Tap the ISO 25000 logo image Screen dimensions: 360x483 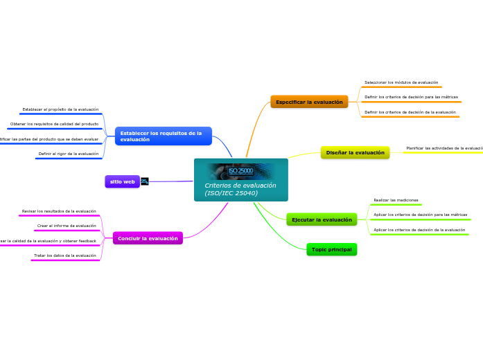coord(240,171)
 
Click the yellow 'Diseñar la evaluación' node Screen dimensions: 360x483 coord(355,152)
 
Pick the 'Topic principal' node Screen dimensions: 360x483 coord(331,249)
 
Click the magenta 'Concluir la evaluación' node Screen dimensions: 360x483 coord(148,238)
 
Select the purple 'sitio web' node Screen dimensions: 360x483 coord(122,181)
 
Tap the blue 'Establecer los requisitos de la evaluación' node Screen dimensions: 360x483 coord(163,136)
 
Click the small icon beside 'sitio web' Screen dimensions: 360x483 coord(144,181)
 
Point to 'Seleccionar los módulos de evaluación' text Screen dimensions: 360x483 coord(401,82)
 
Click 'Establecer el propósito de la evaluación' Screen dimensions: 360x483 coord(60,109)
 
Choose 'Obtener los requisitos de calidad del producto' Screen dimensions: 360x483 coord(54,124)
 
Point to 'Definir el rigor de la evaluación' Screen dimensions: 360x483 coord(68,154)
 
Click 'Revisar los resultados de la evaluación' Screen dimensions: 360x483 coord(59,211)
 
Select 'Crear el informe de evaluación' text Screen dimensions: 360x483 coord(67,226)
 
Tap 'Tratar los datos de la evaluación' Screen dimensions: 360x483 coord(65,255)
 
